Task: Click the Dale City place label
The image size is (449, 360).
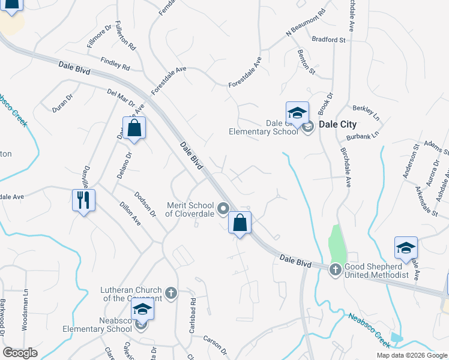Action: click(x=337, y=125)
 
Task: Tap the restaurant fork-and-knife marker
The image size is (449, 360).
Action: click(x=83, y=199)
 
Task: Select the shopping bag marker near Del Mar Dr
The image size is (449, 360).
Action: click(x=134, y=128)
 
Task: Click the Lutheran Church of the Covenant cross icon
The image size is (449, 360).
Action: click(x=171, y=293)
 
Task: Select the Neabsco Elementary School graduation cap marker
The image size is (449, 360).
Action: click(x=143, y=310)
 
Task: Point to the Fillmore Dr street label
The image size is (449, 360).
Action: click(x=100, y=36)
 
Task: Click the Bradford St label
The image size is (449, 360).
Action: click(x=329, y=40)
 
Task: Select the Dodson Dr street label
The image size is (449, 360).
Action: click(x=145, y=206)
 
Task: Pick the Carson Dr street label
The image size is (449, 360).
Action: click(x=216, y=341)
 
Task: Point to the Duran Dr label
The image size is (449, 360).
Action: click(x=62, y=103)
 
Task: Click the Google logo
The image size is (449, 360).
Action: click(x=20, y=352)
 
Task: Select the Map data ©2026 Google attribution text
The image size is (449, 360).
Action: click(x=411, y=355)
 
